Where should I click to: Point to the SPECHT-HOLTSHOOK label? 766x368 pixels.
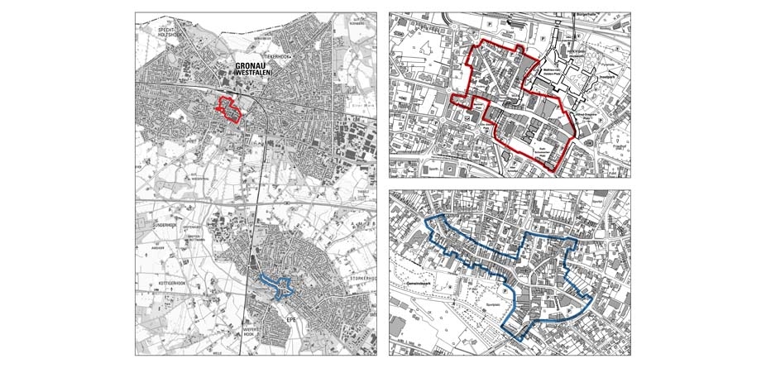[x=158, y=31]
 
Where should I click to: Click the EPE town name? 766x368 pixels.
[x=290, y=317]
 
